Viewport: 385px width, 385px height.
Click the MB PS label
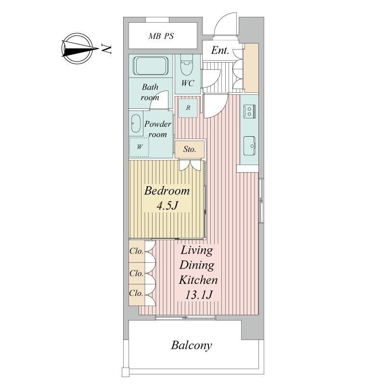click(x=161, y=36)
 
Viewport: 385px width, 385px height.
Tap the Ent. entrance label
click(x=220, y=51)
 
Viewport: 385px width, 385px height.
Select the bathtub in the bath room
click(x=151, y=66)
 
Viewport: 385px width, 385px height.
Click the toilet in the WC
click(x=186, y=65)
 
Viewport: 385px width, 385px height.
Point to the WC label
click(x=188, y=83)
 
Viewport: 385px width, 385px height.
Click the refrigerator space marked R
click(x=188, y=108)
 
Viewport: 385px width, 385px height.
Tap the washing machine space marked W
click(x=140, y=147)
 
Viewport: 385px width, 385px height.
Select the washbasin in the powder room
click(x=136, y=124)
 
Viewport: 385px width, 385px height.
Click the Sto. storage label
click(x=190, y=149)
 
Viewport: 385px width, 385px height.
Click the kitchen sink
click(x=249, y=146)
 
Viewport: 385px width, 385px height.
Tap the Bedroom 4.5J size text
click(x=167, y=206)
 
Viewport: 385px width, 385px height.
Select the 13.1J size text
click(x=198, y=295)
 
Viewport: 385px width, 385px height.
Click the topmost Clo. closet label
click(x=136, y=251)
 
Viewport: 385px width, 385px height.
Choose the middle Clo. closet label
click(x=136, y=273)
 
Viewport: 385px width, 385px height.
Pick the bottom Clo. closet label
click(x=136, y=293)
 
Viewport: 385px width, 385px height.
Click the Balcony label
click(x=192, y=346)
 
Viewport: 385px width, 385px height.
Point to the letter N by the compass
click(x=106, y=49)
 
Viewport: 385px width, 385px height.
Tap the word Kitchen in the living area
click(x=198, y=280)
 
